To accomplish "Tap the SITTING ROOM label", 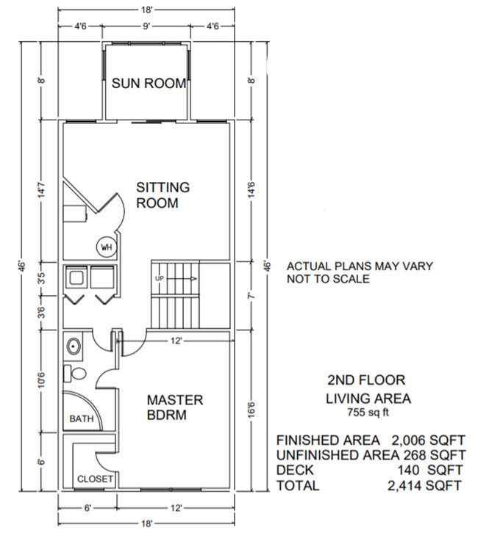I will tap(163, 195).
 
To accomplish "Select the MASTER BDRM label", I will tap(175, 407).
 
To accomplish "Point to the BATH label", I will tap(82, 419).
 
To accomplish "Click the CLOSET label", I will tap(95, 479).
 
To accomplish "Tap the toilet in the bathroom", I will tap(74, 372).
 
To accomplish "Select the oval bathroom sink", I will tap(74, 346).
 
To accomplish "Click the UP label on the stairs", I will tap(159, 279).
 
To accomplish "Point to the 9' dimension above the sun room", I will tap(146, 26).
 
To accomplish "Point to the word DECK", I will tap(294, 470).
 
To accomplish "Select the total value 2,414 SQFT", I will tap(426, 485).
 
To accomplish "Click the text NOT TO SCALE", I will tap(328, 279).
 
